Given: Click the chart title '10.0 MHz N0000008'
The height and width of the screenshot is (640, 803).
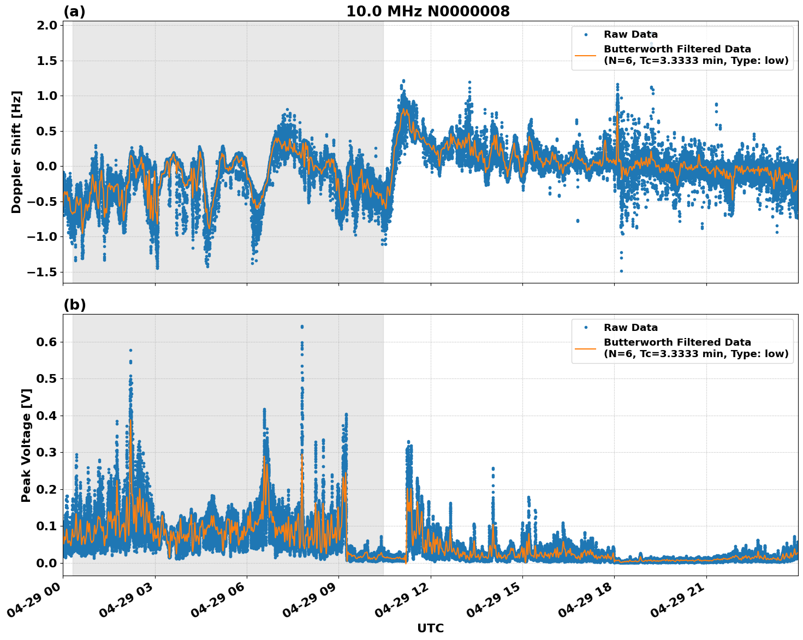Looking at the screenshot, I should [427, 11].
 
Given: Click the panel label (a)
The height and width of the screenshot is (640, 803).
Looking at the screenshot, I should [74, 11].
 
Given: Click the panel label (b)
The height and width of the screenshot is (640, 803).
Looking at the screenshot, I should [74, 305].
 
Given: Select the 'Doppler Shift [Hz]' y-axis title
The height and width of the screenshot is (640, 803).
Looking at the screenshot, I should [16, 152].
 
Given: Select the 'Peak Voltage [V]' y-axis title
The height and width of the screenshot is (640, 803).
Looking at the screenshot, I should [26, 445].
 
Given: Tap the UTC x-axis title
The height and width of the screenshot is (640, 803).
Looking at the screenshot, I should [430, 628].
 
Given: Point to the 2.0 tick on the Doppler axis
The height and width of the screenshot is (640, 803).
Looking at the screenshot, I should [47, 26].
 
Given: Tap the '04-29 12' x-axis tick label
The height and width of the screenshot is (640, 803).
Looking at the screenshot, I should [402, 603].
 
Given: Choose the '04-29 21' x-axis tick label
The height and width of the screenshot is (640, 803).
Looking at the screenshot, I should [678, 603].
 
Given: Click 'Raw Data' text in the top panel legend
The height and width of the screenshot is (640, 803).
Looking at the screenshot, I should [630, 34].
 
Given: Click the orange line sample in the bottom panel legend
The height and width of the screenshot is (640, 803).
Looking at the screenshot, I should [586, 348].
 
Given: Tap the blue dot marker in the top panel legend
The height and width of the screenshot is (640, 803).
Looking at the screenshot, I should [586, 34].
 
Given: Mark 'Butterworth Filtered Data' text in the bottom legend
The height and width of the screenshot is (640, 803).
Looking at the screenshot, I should [677, 342].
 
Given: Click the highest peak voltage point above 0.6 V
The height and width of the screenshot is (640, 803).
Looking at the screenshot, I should [302, 327].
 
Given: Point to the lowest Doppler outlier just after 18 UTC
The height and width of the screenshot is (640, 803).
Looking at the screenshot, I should [621, 271].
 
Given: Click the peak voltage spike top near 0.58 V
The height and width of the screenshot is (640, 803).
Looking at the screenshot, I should [130, 350].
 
